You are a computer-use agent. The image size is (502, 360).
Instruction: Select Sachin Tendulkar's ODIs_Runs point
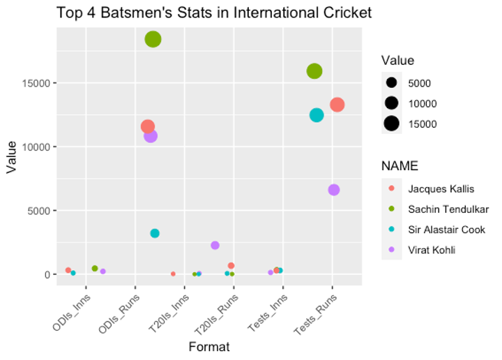[x=153, y=39]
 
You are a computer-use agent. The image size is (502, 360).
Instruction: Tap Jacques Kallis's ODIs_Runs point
[x=147, y=126]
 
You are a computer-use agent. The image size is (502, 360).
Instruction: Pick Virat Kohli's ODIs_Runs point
[x=151, y=136]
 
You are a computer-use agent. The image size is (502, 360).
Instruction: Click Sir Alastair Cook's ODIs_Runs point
[x=155, y=233]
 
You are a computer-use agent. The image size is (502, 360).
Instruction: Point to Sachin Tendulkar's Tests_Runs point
[x=314, y=70]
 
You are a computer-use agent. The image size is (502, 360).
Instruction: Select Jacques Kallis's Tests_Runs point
[x=337, y=105]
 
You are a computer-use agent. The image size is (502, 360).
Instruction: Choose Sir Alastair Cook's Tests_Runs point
[x=317, y=115]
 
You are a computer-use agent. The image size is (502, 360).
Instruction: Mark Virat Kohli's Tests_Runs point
[x=333, y=190]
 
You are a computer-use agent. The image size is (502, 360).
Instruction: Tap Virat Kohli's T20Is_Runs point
[x=215, y=245]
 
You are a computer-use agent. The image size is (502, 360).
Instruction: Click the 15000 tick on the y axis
[x=34, y=83]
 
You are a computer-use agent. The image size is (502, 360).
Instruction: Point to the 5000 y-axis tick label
[x=37, y=211]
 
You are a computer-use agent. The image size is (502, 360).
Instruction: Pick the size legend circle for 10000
[x=391, y=103]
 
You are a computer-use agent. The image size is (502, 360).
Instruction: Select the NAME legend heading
[x=399, y=166]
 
